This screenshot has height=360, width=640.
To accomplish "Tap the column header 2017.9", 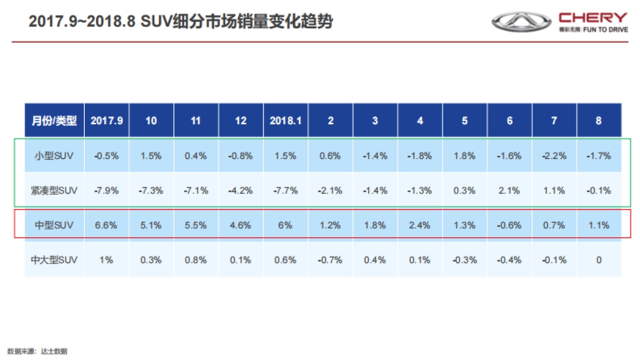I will coord(107,121).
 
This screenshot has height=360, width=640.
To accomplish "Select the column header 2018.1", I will coord(285,121).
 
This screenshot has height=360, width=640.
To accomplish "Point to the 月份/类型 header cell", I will coord(54,121).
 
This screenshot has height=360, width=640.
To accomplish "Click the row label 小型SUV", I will coord(54,156).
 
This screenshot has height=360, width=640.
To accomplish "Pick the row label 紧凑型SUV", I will coord(54,190).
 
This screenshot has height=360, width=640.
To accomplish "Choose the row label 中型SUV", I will coord(54,225).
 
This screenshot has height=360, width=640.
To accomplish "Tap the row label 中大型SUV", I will coord(54,260).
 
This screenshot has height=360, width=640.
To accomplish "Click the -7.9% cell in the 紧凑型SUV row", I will coord(107,190).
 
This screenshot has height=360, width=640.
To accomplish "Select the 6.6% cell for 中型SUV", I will coord(107,225).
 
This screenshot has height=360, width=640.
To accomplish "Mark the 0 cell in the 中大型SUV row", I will coord(598,260).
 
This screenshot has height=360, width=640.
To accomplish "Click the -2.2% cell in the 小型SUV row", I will coord(554,156).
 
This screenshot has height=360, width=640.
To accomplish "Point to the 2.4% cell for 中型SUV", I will coord(420,225).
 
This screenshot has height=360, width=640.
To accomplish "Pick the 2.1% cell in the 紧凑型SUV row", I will coord(509,190).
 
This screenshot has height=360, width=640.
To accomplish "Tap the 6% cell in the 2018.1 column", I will coord(285,225).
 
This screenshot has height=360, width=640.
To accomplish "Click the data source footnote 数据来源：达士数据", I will coord(37,351).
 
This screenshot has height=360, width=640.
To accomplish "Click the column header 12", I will coord(241,121).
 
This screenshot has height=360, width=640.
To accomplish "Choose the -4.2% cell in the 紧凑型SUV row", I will coord(241,190).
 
